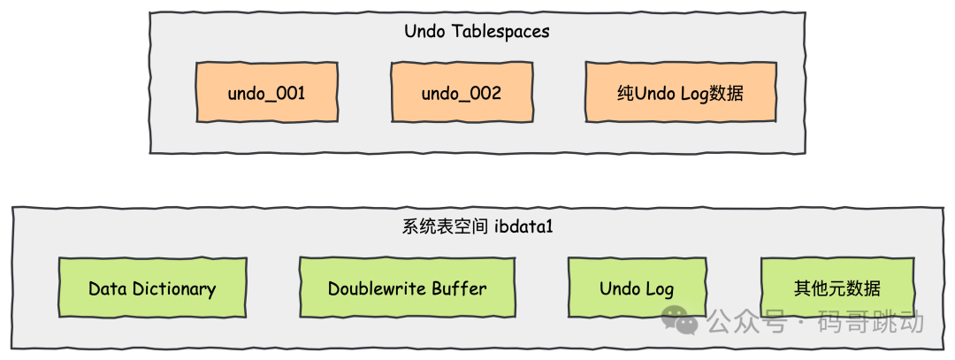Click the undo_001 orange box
(x=267, y=92)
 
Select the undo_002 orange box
(x=462, y=92)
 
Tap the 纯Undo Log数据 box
(x=680, y=92)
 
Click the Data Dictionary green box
(x=152, y=287)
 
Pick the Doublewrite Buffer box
(x=407, y=287)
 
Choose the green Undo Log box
(x=637, y=287)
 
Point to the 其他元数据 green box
(x=837, y=287)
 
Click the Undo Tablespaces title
(x=477, y=31)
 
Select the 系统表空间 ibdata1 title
(x=477, y=227)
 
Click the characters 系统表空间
(x=445, y=227)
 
